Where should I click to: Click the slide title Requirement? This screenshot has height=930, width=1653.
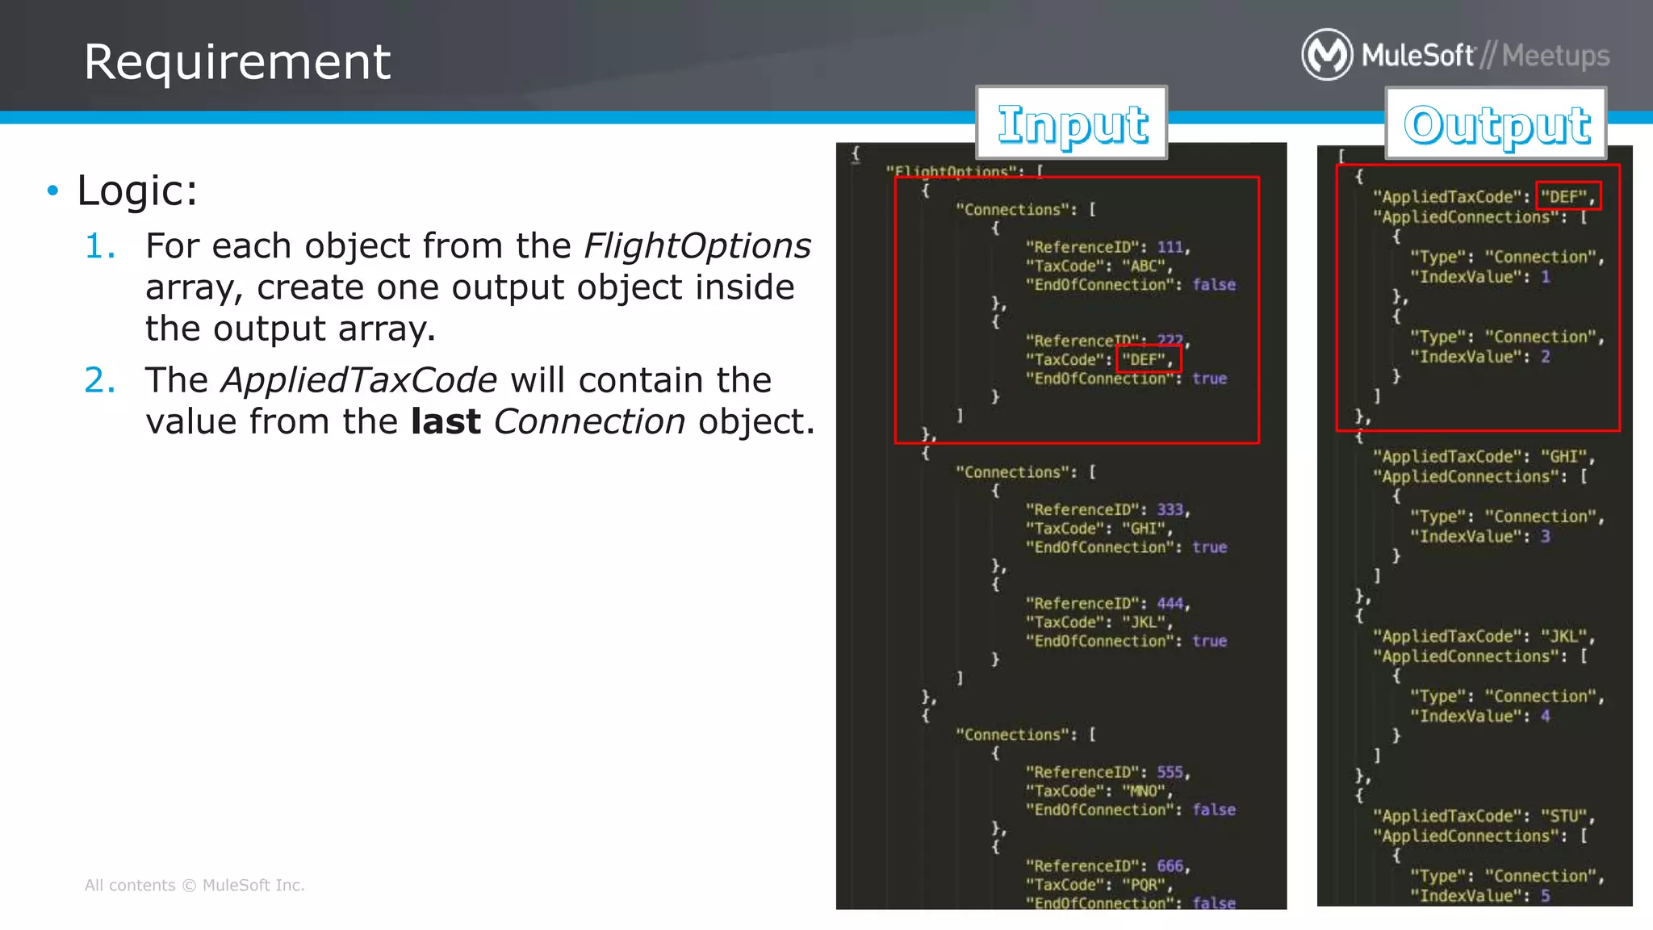[237, 62]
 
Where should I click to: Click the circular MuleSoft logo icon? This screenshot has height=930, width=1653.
[1326, 55]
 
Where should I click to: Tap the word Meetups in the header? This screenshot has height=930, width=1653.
[1555, 56]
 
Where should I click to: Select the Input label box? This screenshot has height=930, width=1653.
[1072, 124]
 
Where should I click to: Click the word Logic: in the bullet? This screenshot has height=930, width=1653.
[137, 191]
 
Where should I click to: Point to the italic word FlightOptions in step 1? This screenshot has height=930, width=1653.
[697, 246]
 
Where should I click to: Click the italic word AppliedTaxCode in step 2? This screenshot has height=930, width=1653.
[359, 380]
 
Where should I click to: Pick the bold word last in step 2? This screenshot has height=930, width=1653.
[446, 421]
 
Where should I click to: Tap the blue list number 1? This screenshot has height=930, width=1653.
[100, 246]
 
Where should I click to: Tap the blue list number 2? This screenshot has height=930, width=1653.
[100, 380]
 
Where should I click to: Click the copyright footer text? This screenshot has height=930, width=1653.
[195, 886]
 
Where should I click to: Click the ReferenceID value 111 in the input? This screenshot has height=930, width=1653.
[1170, 247]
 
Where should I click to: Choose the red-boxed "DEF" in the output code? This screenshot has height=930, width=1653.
[1567, 196]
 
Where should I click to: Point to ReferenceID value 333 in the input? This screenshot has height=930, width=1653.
[1170, 509]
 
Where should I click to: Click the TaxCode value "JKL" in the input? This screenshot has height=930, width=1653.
[1144, 622]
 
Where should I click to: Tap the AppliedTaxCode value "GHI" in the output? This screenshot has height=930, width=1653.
[1563, 457]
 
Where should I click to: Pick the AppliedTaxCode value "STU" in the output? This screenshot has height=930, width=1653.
[1563, 816]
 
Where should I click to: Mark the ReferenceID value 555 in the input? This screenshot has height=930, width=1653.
[1170, 772]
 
